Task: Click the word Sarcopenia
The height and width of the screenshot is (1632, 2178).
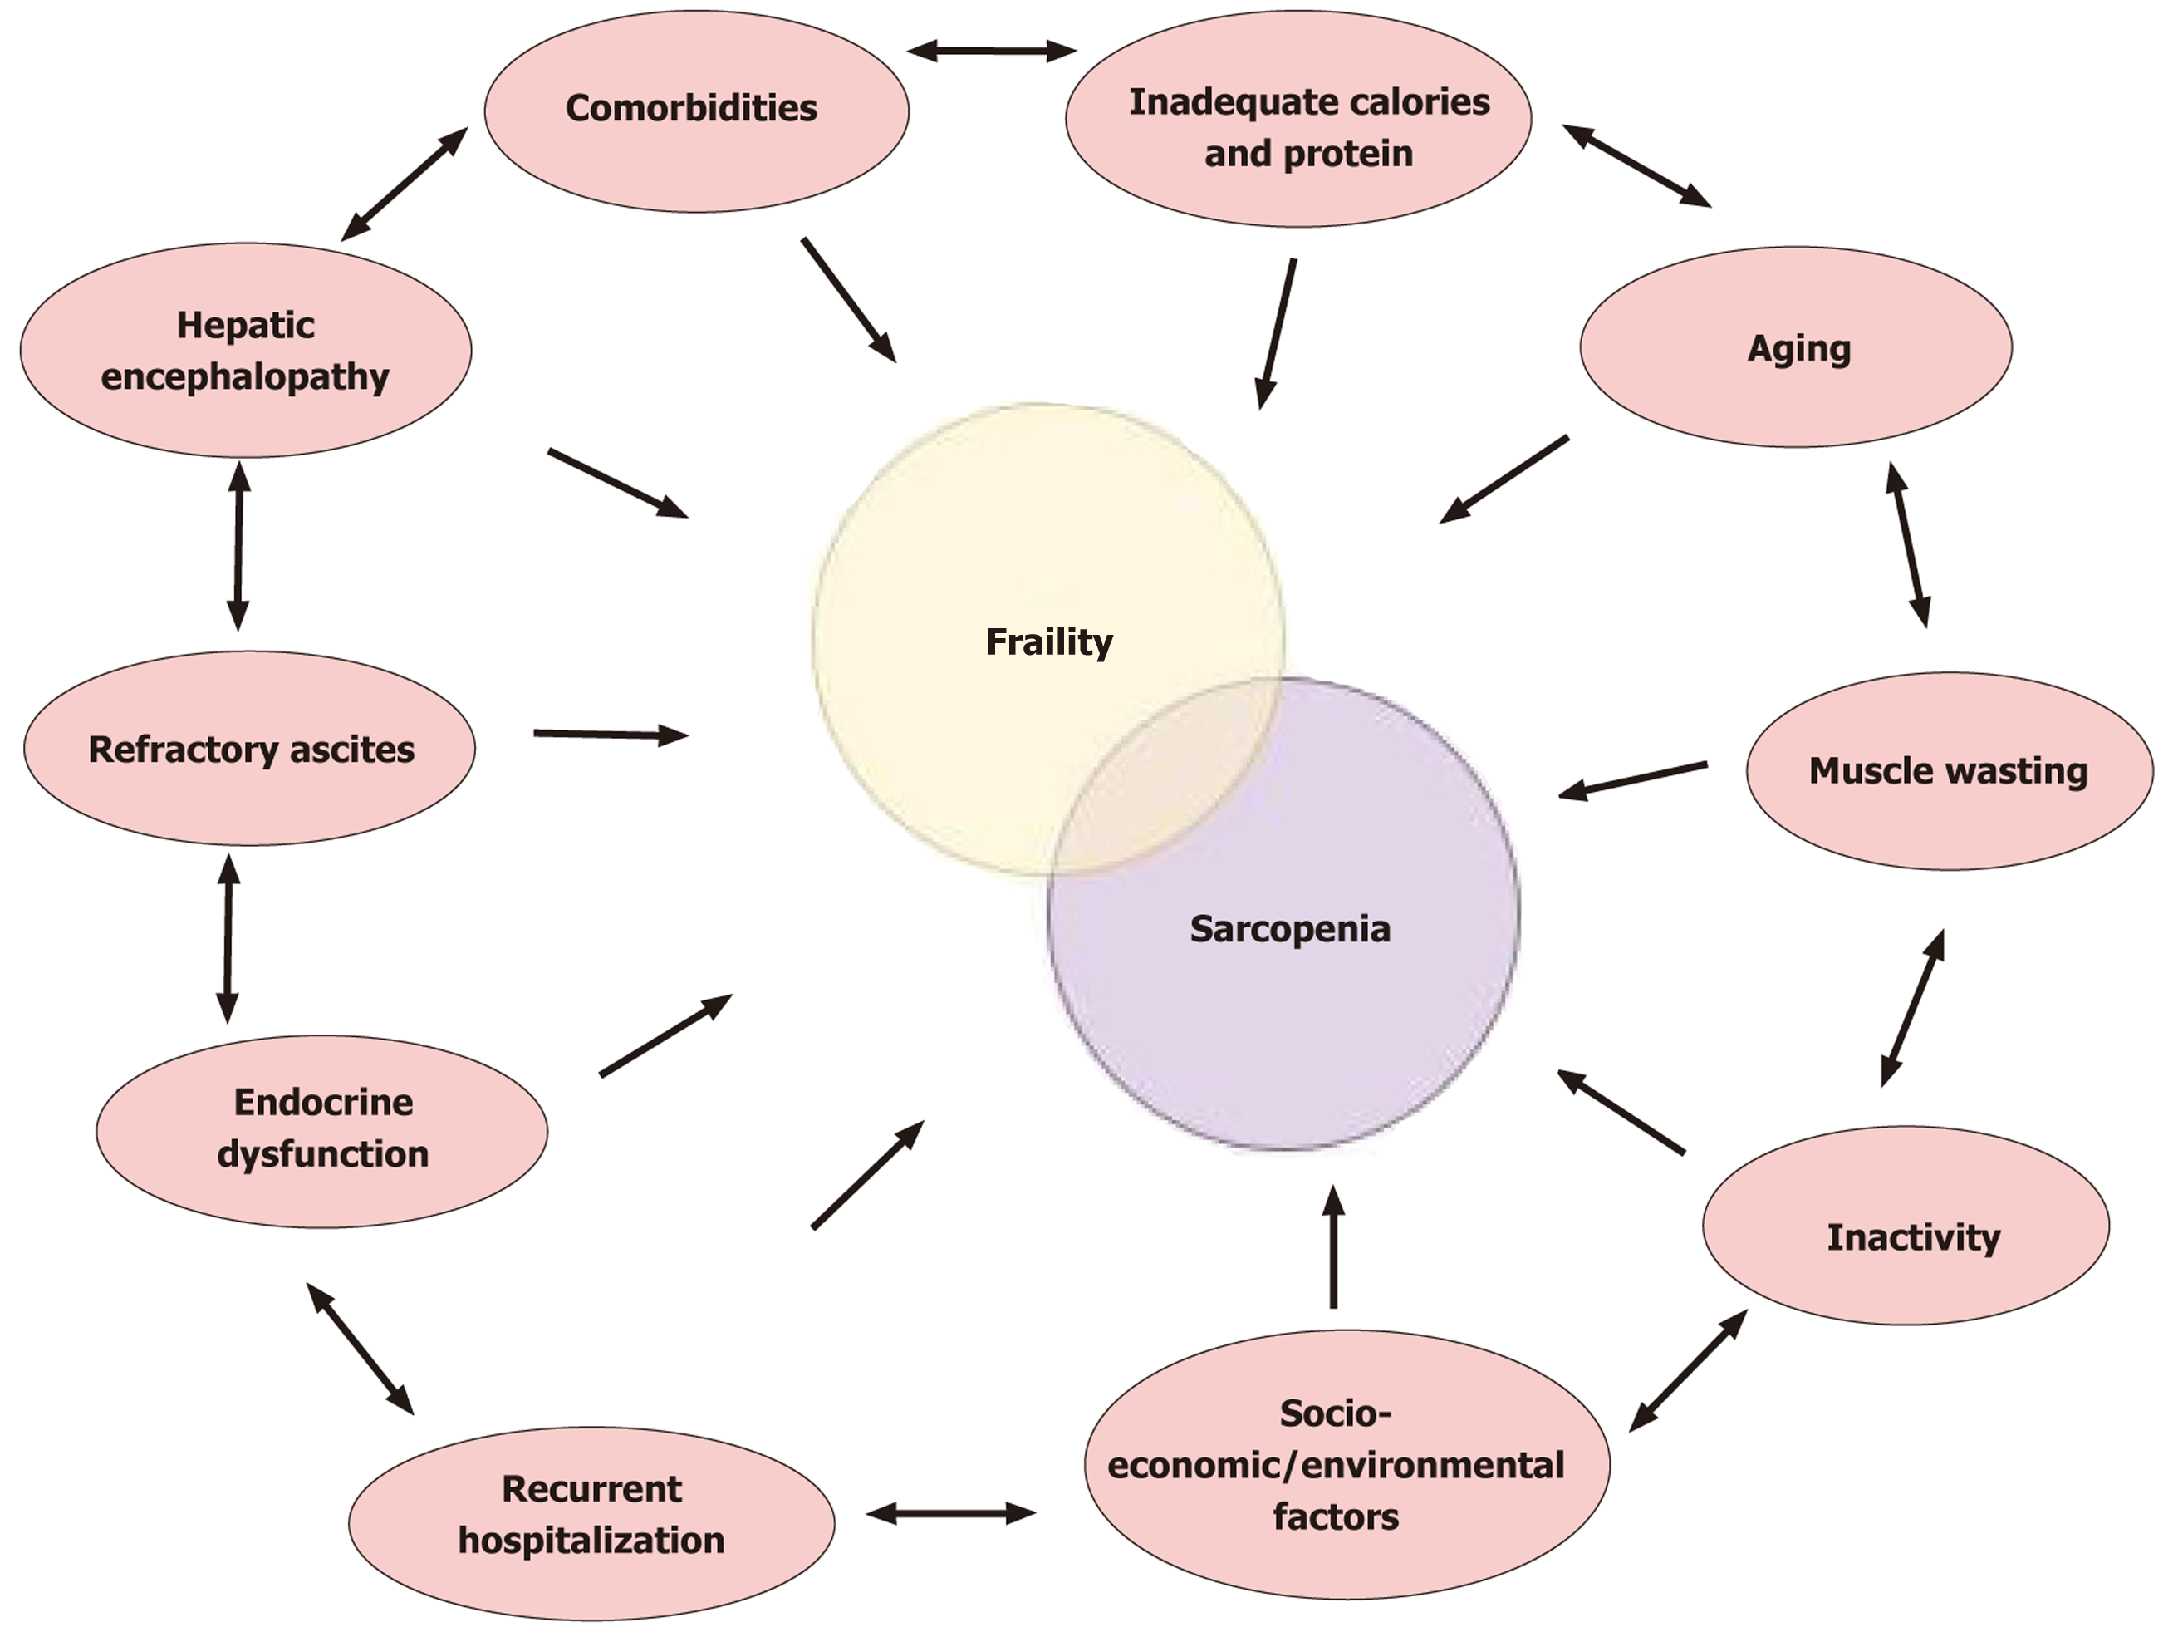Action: [x=1290, y=929]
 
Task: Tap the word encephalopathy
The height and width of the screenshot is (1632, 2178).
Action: [x=245, y=377]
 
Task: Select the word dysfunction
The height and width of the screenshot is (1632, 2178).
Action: [x=323, y=1154]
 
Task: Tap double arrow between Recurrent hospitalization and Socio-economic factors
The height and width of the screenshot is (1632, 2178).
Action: [x=951, y=1513]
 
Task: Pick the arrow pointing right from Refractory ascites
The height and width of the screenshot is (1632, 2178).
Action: [x=610, y=734]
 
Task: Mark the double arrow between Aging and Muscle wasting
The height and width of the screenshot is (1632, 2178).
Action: [x=1908, y=543]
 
